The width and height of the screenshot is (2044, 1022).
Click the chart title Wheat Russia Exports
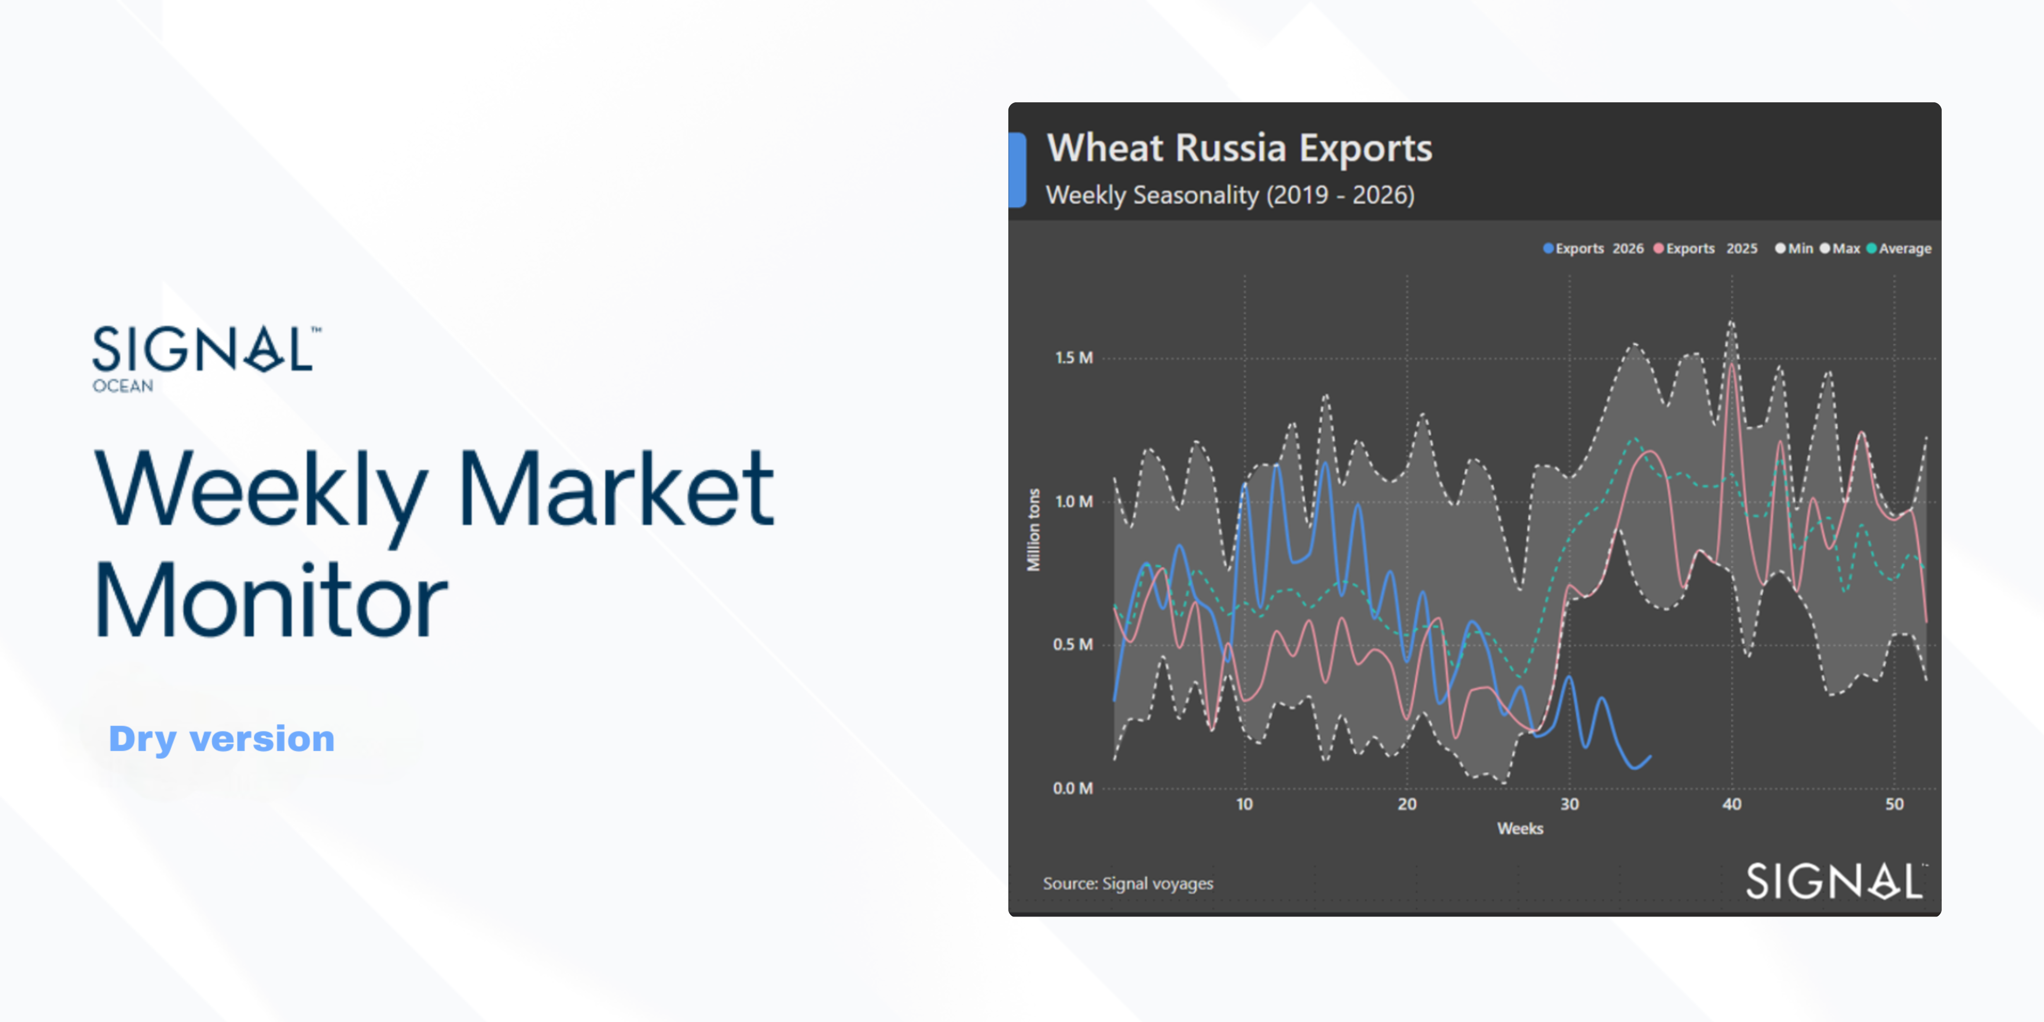pyautogui.click(x=1239, y=148)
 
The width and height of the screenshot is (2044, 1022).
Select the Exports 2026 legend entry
pyautogui.click(x=1593, y=248)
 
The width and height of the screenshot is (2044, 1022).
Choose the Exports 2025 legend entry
pyautogui.click(x=1705, y=248)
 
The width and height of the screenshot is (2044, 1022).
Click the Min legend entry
pyautogui.click(x=1794, y=248)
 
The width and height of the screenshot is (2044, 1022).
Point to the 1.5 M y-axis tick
pyautogui.click(x=1073, y=358)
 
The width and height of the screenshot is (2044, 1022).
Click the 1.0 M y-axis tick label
pyautogui.click(x=1073, y=502)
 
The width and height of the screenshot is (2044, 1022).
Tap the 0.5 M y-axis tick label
pyautogui.click(x=1073, y=644)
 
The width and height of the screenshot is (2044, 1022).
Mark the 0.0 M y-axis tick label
pyautogui.click(x=1073, y=788)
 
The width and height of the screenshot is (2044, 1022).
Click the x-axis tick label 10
pyautogui.click(x=1244, y=805)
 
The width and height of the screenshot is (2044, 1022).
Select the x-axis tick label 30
pyautogui.click(x=1569, y=805)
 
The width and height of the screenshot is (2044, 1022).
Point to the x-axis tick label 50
pyautogui.click(x=1894, y=805)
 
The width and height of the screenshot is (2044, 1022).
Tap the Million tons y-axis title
pyautogui.click(x=1033, y=529)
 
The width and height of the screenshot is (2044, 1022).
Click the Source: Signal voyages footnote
pyautogui.click(x=1128, y=883)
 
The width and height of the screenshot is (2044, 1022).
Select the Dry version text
pyautogui.click(x=221, y=740)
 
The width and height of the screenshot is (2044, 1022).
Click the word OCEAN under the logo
pyautogui.click(x=123, y=387)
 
